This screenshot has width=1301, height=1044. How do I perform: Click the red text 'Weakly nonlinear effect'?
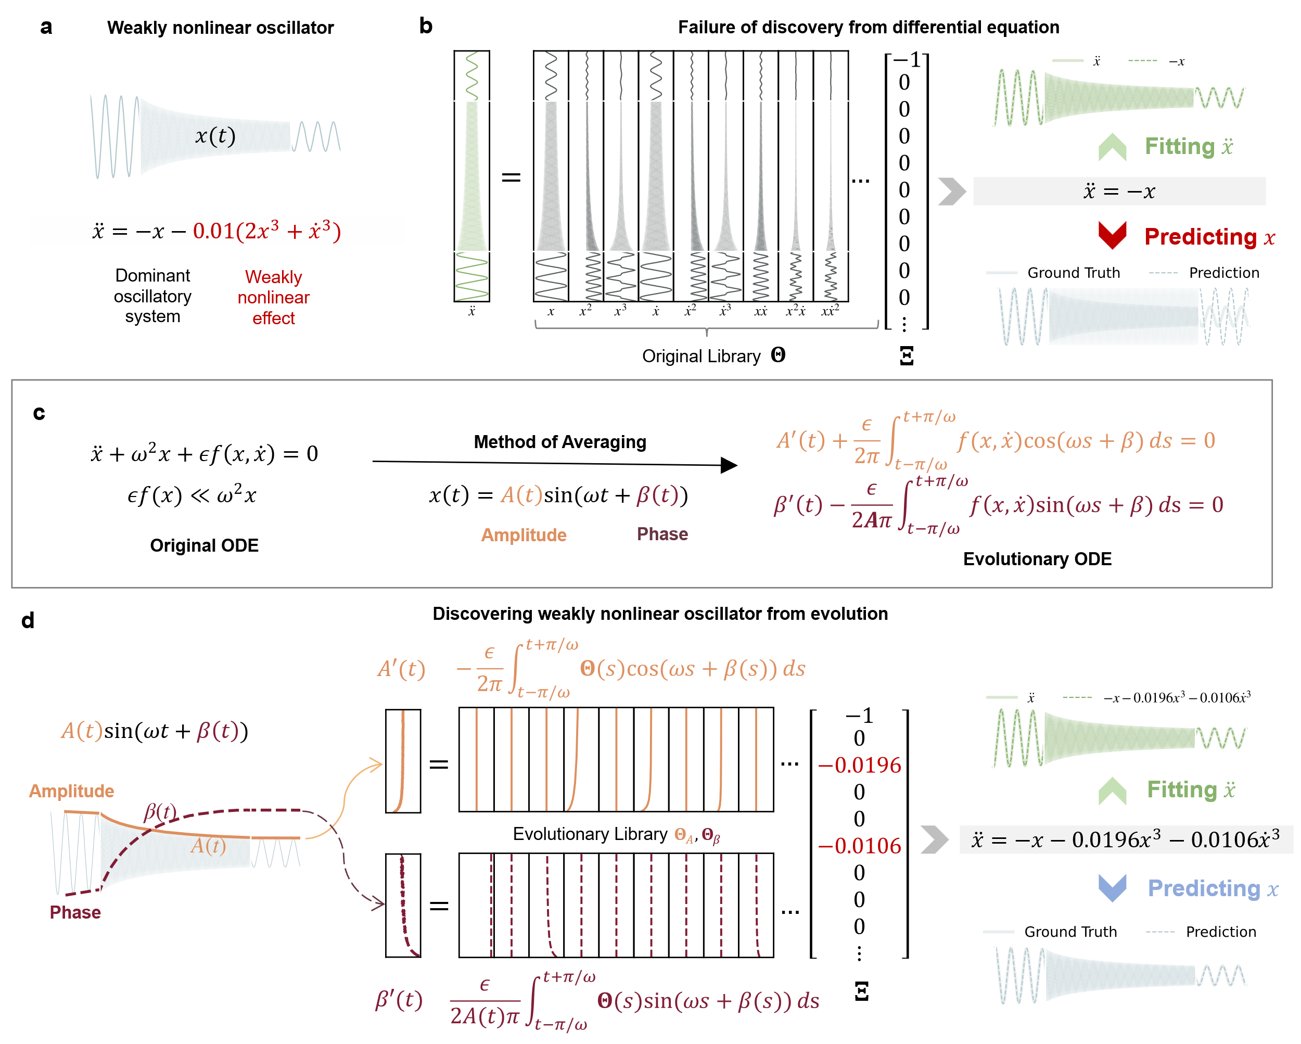pyautogui.click(x=273, y=298)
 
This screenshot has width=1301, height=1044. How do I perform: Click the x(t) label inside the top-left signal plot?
pyautogui.click(x=215, y=136)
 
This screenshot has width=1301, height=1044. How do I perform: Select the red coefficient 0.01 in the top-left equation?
pyautogui.click(x=212, y=231)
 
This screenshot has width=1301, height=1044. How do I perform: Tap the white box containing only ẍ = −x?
pyautogui.click(x=1119, y=192)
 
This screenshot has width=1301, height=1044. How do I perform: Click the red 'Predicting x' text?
pyautogui.click(x=1209, y=237)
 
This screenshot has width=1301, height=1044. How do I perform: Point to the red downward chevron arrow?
pyautogui.click(x=1112, y=235)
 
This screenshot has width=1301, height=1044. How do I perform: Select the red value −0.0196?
pyautogui.click(x=859, y=765)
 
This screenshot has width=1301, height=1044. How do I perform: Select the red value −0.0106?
pyautogui.click(x=859, y=846)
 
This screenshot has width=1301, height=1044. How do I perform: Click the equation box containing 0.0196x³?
pyautogui.click(x=1126, y=839)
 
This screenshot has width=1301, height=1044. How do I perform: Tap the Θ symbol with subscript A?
pyautogui.click(x=683, y=835)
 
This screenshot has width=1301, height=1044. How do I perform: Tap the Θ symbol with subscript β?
pyautogui.click(x=711, y=836)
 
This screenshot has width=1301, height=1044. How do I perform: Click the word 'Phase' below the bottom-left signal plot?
pyautogui.click(x=75, y=912)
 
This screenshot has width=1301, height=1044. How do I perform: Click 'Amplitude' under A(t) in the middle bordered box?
pyautogui.click(x=524, y=534)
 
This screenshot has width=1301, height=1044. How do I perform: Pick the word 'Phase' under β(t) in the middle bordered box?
pyautogui.click(x=662, y=534)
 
